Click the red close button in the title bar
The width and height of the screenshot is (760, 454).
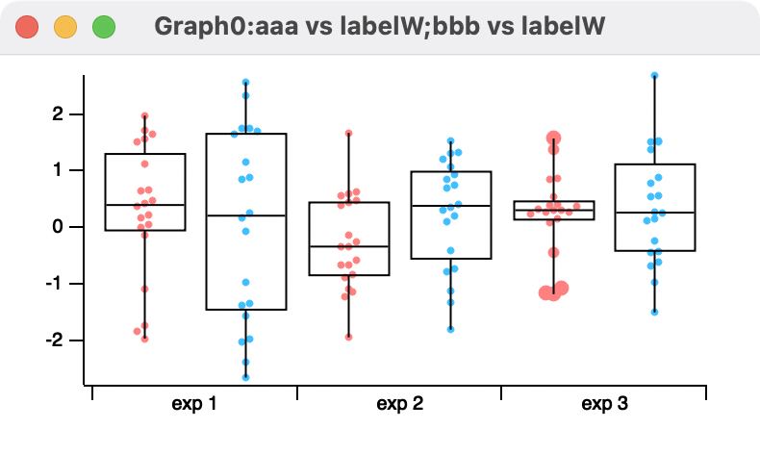pos(28,28)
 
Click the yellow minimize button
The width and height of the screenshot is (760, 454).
pos(65,28)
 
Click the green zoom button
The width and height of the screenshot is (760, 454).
pos(103,28)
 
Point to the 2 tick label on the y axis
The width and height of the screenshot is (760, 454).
pos(57,114)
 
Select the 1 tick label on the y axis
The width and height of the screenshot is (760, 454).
pos(57,171)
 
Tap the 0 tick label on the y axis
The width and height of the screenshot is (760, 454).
pos(57,227)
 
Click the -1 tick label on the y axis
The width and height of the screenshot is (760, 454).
pos(54,284)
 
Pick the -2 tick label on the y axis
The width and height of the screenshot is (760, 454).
pos(54,340)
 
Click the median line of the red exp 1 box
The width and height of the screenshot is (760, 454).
pos(144,205)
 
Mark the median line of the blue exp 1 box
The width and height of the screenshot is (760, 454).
pos(246,215)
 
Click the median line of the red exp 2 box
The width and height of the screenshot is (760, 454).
pos(348,246)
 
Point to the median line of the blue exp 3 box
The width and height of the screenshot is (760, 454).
pos(654,212)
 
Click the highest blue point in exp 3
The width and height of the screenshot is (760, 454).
pos(654,75)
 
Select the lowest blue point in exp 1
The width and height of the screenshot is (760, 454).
pos(246,377)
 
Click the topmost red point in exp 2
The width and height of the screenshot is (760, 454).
pos(348,133)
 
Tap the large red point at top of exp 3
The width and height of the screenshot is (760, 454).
pos(554,139)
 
